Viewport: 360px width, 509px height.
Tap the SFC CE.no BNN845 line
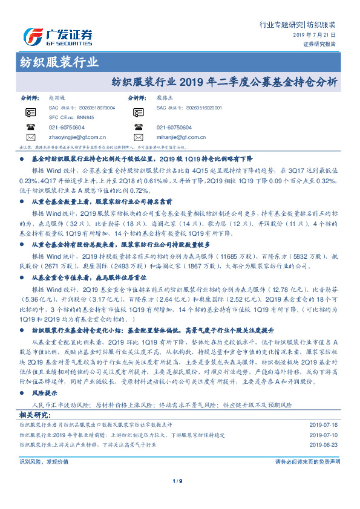[x=71, y=117]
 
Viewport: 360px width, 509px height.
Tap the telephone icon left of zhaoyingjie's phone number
[x=30, y=128]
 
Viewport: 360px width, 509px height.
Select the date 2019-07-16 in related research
[x=325, y=409]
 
